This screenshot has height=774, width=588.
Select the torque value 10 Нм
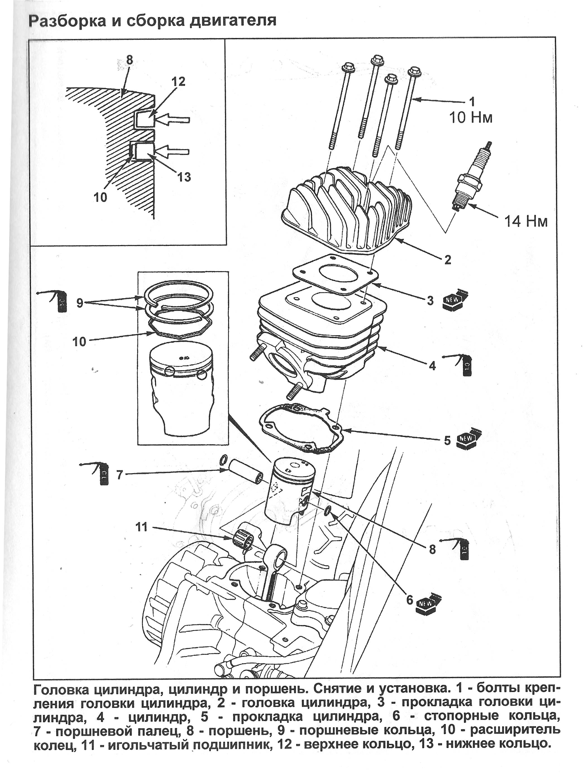[x=471, y=118]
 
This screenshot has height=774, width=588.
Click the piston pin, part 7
[x=245, y=476]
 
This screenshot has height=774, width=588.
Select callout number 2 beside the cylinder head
[x=448, y=260]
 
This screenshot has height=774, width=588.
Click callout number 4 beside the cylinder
[x=432, y=366]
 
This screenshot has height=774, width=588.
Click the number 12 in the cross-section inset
[x=178, y=82]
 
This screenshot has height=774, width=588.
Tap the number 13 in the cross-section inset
[x=184, y=177]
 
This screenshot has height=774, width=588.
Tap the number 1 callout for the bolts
[x=472, y=102]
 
